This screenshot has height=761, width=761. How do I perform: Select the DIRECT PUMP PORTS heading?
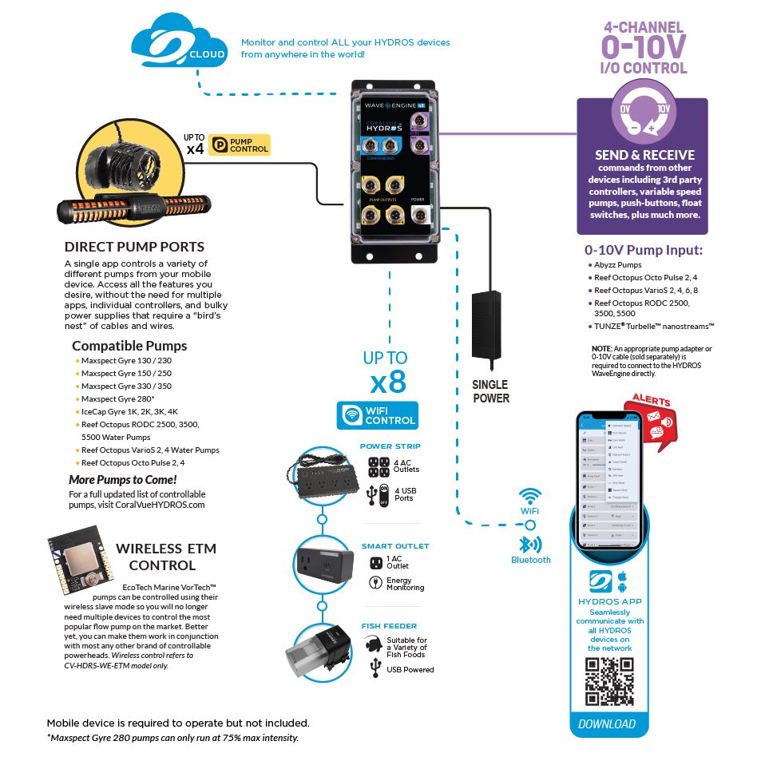[x=134, y=247]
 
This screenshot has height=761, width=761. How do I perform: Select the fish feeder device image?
[x=321, y=649]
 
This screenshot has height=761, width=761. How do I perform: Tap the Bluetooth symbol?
[x=527, y=545]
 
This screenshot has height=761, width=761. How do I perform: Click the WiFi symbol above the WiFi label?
[x=530, y=495]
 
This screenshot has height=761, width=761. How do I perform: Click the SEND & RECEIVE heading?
[x=644, y=155]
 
